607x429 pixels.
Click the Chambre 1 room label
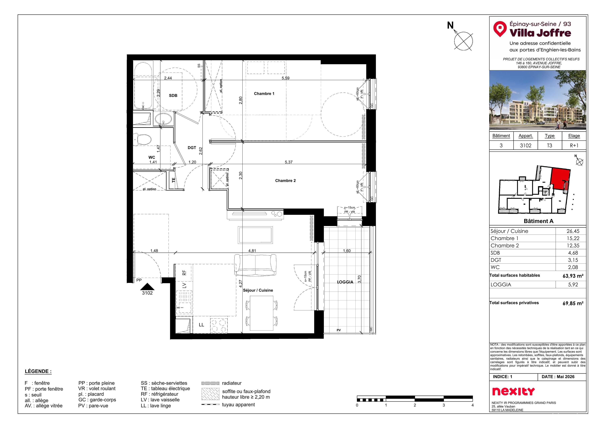coord(264,94)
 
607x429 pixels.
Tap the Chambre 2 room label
coord(285,180)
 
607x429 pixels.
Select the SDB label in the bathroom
coord(173,95)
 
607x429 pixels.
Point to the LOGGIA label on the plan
coord(345,282)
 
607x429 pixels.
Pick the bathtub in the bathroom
coord(143,85)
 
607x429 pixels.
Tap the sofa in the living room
coord(255,265)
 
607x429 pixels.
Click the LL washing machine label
coord(201,325)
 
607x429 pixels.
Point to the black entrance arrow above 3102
coord(147,287)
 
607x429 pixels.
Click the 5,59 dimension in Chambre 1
coord(285,78)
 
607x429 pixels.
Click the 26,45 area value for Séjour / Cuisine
coord(573,231)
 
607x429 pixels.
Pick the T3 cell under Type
coord(549,145)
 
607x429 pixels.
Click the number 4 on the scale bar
coord(472,405)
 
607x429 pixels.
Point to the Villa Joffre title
coord(540,33)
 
